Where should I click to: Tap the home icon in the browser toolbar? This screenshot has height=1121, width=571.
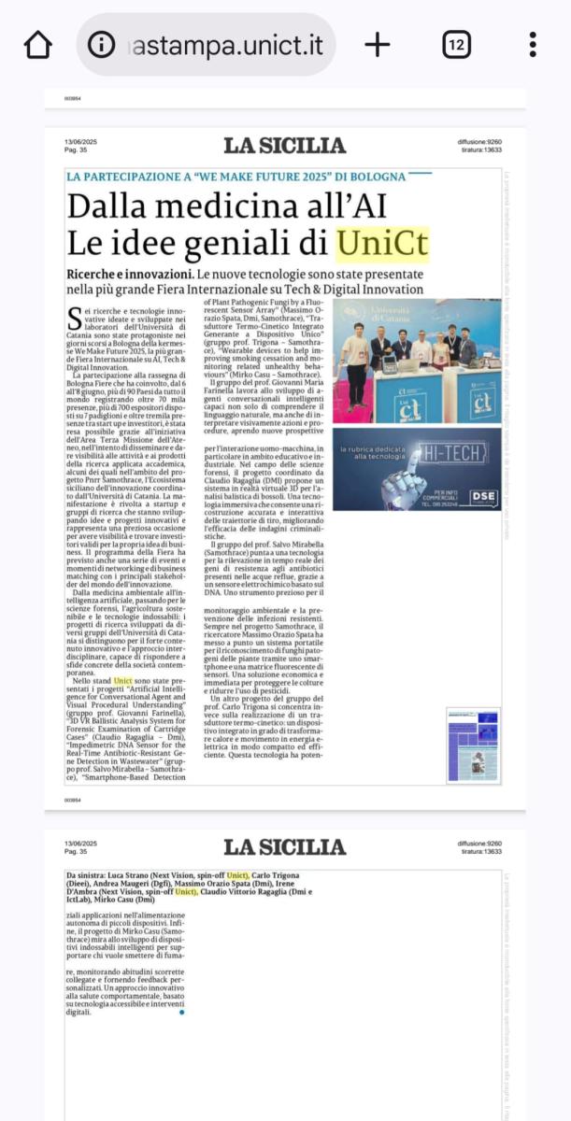click(x=37, y=44)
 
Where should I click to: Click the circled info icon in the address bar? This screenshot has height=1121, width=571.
click(x=101, y=44)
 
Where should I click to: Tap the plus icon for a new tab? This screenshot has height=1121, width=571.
click(x=377, y=44)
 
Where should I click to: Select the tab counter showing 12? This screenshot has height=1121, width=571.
click(x=457, y=44)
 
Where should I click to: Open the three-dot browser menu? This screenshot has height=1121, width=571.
click(x=532, y=44)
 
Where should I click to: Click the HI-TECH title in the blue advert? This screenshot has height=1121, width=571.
click(x=453, y=454)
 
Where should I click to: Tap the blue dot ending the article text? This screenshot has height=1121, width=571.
click(x=180, y=1012)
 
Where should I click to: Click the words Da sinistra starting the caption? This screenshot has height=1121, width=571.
click(x=87, y=874)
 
